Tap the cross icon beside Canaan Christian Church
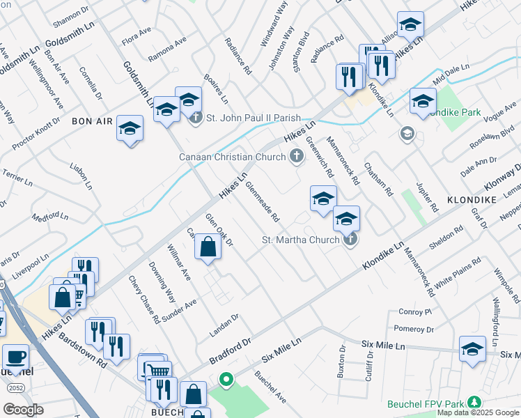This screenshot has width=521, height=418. pyautogui.click(x=297, y=157)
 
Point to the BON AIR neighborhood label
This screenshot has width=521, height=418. pyautogui.click(x=92, y=121)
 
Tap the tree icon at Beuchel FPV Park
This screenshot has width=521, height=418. pyautogui.click(x=474, y=402)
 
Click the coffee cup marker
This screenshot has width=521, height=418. pyautogui.click(x=15, y=357)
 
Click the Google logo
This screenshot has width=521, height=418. pyautogui.click(x=24, y=410)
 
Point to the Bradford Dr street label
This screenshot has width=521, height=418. pyautogui.click(x=229, y=353)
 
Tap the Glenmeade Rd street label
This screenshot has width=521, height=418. pyautogui.click(x=261, y=198)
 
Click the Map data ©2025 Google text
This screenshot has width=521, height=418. pyautogui.click(x=477, y=412)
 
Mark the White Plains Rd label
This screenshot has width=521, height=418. pyautogui.click(x=458, y=273)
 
